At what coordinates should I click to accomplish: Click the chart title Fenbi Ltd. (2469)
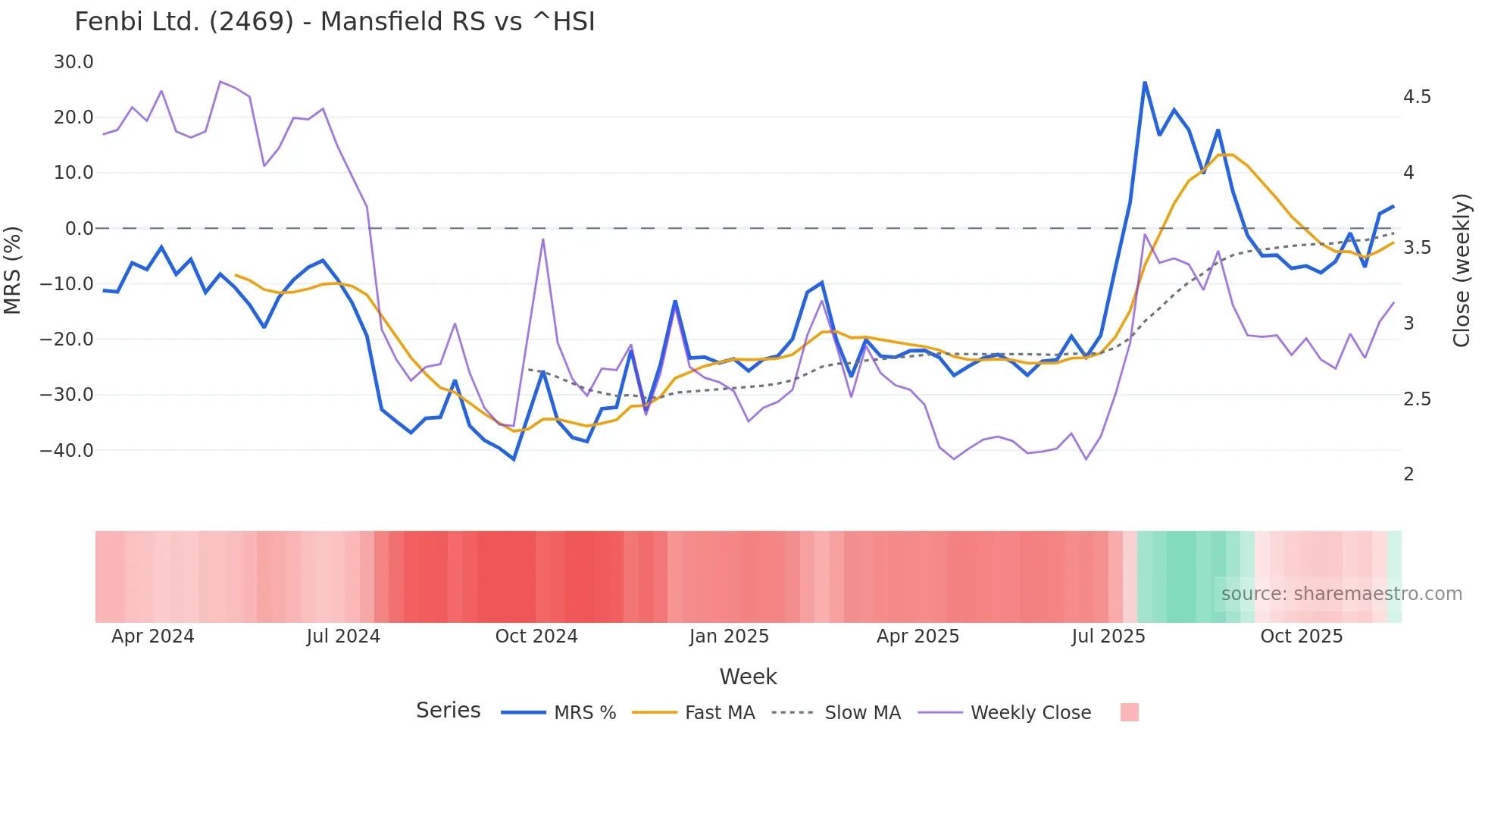point(334,21)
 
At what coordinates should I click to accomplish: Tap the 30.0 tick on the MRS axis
point(73,62)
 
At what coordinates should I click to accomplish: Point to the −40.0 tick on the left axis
point(67,450)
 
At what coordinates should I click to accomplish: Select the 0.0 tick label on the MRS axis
point(79,228)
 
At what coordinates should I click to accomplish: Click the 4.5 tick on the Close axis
point(1417,97)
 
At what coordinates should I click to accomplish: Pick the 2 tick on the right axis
point(1408,474)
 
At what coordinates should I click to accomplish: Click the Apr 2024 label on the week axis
point(153,636)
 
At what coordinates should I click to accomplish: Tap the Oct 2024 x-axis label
point(536,636)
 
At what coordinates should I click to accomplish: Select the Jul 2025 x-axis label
point(1108,636)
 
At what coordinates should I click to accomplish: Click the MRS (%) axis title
point(13,270)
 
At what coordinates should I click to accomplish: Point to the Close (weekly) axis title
point(1462,271)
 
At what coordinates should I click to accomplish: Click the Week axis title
point(748,677)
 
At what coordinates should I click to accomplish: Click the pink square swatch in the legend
point(1130,712)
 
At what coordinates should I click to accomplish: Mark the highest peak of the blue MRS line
point(1145,82)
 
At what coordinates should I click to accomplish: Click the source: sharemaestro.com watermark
point(1341,594)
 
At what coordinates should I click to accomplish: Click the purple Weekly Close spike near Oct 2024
point(543,239)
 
